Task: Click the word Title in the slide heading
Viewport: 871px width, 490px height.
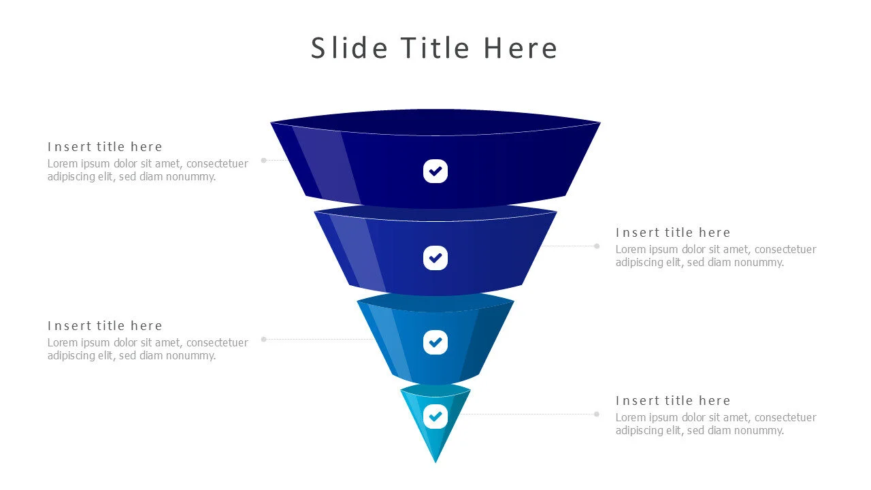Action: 435,48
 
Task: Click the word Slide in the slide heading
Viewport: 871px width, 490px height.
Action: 349,48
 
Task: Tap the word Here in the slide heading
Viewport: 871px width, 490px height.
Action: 521,48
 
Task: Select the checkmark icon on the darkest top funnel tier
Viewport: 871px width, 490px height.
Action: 435,171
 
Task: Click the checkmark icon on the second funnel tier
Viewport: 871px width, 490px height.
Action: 435,258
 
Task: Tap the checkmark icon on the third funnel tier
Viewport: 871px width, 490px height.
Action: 435,342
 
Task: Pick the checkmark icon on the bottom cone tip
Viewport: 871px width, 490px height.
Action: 435,416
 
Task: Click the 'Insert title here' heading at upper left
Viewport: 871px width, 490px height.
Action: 105,147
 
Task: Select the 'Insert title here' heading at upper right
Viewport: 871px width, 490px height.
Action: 673,233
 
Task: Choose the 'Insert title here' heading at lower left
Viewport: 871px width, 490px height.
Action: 105,326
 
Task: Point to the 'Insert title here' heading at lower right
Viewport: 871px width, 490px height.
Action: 673,401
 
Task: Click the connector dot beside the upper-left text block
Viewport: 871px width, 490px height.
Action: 264,161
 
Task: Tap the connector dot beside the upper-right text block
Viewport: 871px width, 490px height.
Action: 597,246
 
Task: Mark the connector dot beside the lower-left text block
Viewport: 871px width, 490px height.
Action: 264,339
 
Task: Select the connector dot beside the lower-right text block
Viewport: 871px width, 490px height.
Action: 597,414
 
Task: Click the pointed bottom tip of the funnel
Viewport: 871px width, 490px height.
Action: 435,460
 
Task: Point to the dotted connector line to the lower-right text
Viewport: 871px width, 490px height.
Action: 531,414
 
